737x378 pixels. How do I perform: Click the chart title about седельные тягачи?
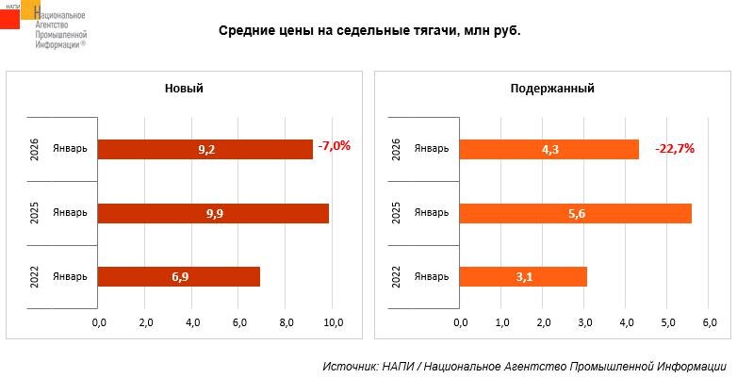(369, 31)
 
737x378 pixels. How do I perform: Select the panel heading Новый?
(184, 89)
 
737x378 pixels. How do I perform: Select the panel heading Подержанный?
(552, 89)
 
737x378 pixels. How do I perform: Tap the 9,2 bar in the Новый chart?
(205, 149)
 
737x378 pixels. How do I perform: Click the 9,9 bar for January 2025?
(213, 213)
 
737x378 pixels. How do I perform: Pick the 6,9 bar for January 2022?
(179, 276)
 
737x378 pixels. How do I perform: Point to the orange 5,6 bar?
(575, 213)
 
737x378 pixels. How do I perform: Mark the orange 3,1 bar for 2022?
(523, 276)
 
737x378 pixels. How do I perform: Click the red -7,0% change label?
(335, 146)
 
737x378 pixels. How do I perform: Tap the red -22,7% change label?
(676, 148)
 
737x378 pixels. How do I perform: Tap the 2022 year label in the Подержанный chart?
(395, 277)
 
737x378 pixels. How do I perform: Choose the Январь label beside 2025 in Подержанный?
(432, 213)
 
